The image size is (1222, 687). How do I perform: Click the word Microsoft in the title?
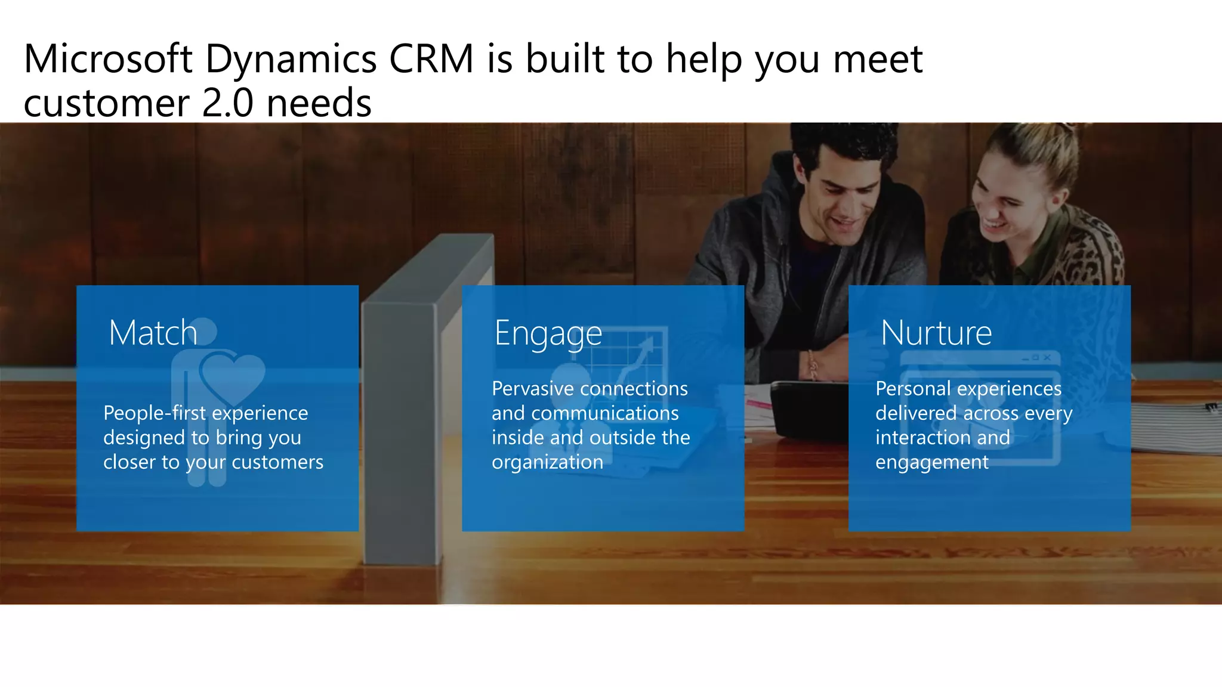click(108, 59)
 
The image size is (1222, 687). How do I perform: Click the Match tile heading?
click(153, 332)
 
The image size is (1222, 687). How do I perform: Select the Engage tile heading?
click(548, 333)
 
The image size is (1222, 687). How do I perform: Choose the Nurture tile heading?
click(936, 332)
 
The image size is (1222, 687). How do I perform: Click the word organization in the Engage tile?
click(547, 463)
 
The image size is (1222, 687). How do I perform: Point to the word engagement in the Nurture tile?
click(931, 463)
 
